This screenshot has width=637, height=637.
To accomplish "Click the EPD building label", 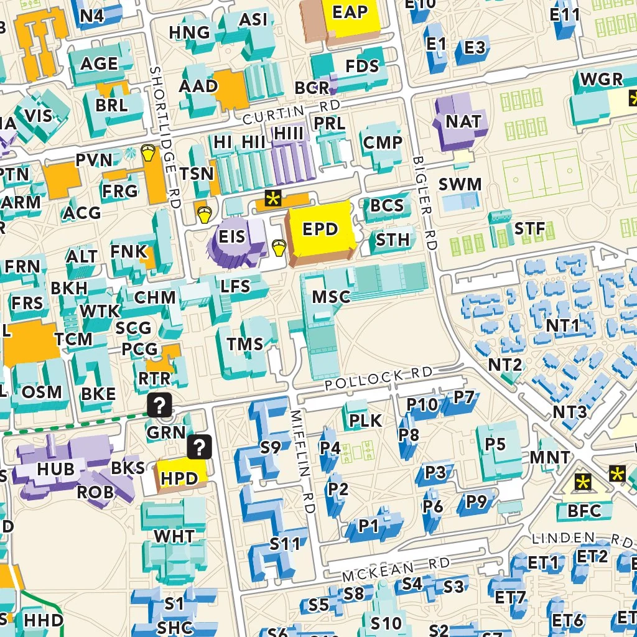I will coord(320,230).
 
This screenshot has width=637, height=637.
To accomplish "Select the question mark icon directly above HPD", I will coord(200,446).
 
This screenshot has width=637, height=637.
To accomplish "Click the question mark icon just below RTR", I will coord(160,406).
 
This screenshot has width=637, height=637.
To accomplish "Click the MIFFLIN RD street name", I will coord(302,460).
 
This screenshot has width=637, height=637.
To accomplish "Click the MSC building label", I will coord(331,296).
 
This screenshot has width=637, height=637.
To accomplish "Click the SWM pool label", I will coord(460,184).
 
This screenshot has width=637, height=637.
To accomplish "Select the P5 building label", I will coord(495,444).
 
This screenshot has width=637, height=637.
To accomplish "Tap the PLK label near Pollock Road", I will coord(365,421).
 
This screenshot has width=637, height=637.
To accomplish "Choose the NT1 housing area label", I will coord(562,325).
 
